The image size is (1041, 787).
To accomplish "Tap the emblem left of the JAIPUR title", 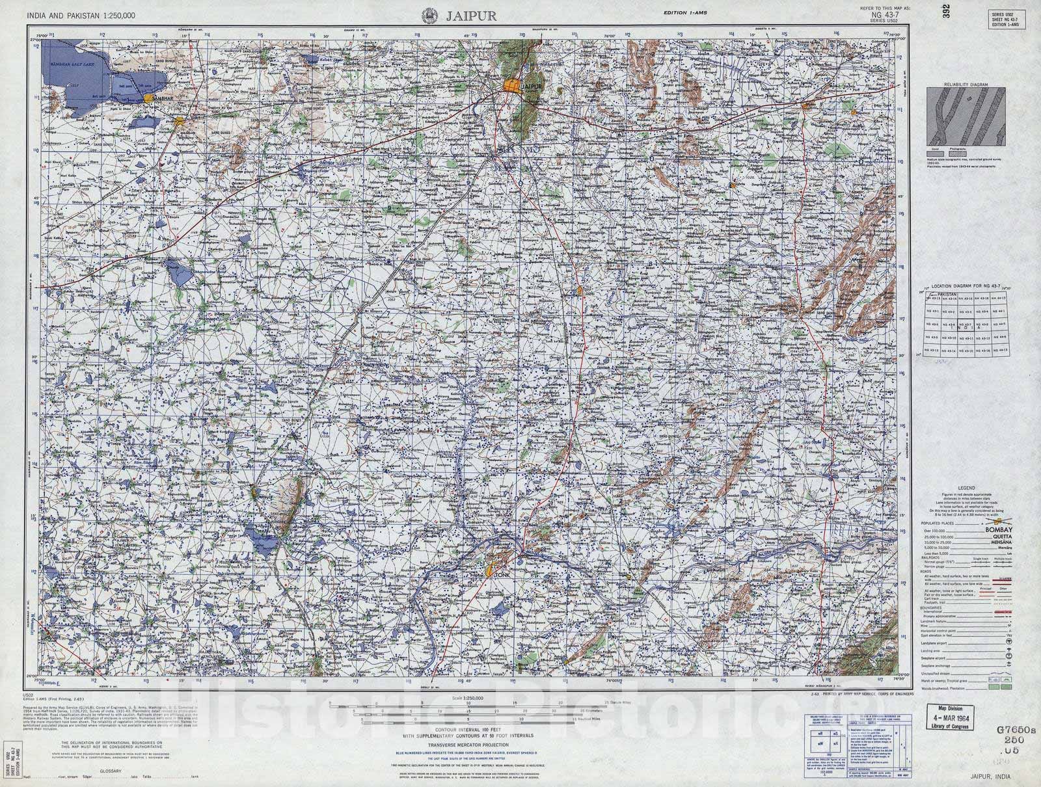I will pyautogui.click(x=429, y=15).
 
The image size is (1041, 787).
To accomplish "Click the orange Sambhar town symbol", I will pyautogui.click(x=150, y=98).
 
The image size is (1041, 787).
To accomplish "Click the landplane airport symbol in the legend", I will pyautogui.click(x=1008, y=641).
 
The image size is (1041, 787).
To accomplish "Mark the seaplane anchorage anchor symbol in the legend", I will pyautogui.click(x=1008, y=665).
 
